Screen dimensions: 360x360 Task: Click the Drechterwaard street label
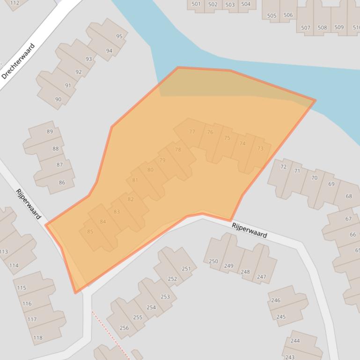click(x=18, y=62)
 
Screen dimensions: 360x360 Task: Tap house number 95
click(x=119, y=36)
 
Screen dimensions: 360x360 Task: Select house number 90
click(x=58, y=99)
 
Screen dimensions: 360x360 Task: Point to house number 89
click(x=50, y=131)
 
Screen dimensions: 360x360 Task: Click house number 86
click(x=62, y=182)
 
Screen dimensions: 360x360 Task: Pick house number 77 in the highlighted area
click(x=192, y=132)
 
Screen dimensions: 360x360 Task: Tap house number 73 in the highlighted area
click(x=260, y=149)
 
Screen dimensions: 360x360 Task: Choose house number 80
click(x=150, y=170)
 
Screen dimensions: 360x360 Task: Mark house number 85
click(x=90, y=231)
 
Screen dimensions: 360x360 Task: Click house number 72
click(x=283, y=167)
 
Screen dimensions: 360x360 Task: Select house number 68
click(x=349, y=196)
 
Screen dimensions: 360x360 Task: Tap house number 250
click(x=213, y=261)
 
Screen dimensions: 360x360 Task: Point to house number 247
click(x=261, y=277)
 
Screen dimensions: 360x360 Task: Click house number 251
click(x=186, y=268)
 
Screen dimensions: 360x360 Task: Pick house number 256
click(x=124, y=328)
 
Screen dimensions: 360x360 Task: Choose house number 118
click(x=38, y=338)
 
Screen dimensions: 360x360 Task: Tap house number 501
click(x=196, y=4)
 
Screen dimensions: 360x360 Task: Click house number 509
click(x=339, y=28)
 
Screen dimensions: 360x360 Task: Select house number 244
click(x=295, y=341)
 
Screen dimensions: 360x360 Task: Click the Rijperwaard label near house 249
click(x=250, y=230)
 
